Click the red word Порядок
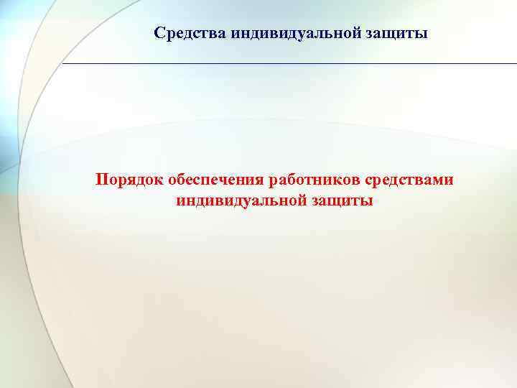[x=124, y=179]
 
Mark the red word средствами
[x=411, y=179]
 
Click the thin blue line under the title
[x=287, y=64]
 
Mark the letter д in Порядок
[x=133, y=180]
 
